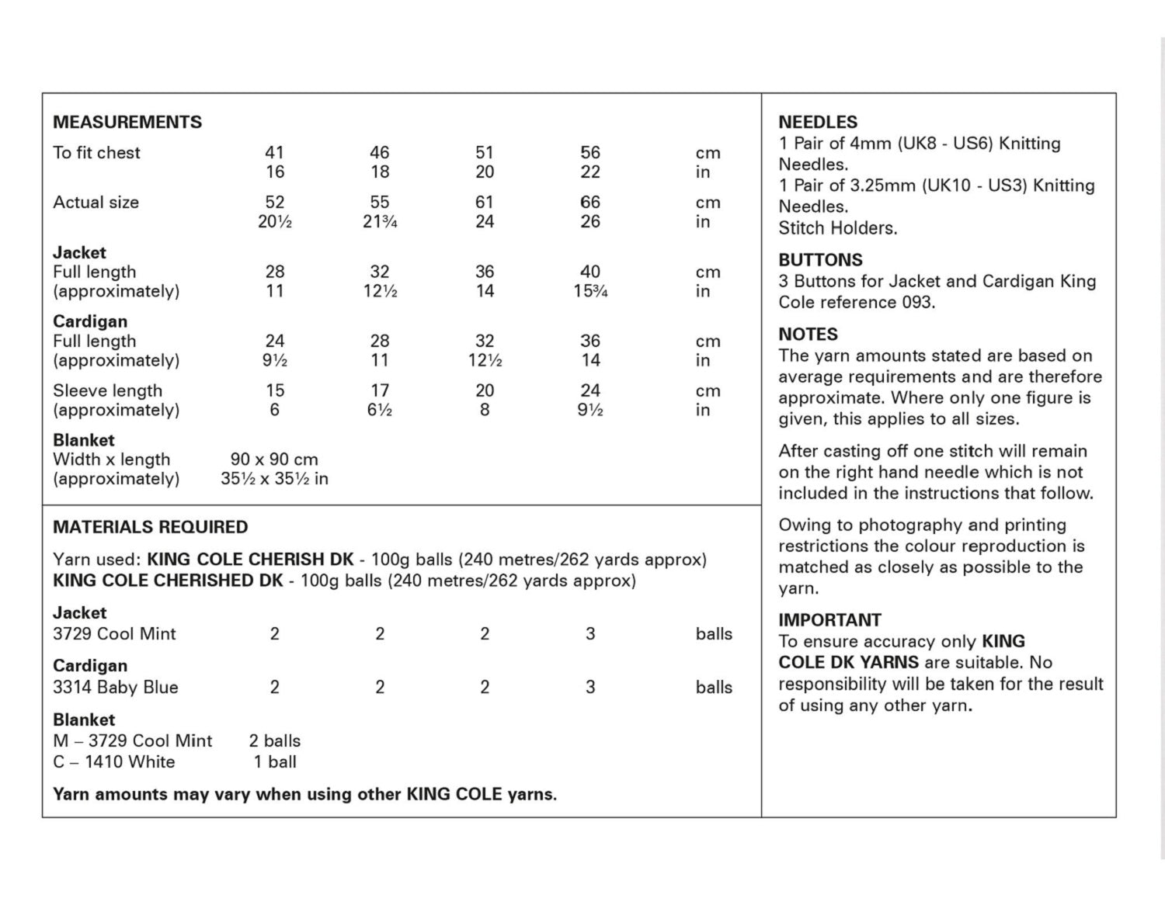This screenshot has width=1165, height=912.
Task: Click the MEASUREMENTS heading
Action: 127,122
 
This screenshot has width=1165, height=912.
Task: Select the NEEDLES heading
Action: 818,122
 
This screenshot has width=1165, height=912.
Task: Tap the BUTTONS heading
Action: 820,260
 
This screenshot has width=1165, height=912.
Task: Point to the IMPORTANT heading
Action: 829,620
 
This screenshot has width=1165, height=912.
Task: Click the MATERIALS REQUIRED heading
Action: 151,527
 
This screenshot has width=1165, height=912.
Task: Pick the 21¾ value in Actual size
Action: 380,222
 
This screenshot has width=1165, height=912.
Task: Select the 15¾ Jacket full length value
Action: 590,292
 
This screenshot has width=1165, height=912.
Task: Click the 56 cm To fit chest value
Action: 590,153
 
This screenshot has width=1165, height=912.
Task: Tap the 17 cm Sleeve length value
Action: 380,390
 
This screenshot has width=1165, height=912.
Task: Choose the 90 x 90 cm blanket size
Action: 274,459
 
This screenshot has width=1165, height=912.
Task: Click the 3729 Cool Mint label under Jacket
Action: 114,634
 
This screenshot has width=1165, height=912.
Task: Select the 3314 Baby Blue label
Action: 116,688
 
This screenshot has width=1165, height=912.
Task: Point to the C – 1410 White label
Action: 114,762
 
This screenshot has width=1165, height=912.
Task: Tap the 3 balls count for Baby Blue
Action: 590,688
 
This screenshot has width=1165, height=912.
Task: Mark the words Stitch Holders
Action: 837,228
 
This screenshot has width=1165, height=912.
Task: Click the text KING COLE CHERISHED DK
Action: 168,581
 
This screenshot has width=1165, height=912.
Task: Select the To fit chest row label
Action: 96,153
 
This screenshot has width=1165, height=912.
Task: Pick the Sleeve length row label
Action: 107,390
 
